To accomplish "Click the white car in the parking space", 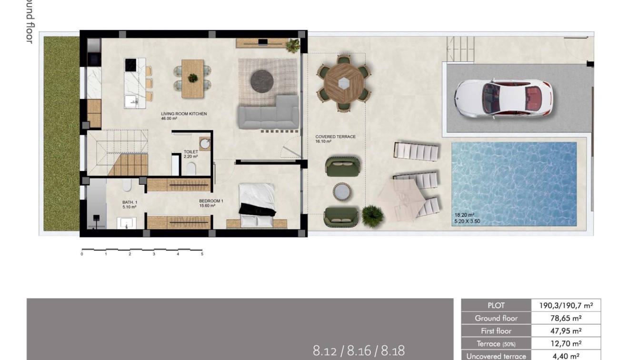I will [x=503, y=99].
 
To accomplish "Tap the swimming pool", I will [x=514, y=183].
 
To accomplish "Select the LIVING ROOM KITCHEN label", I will [x=184, y=114].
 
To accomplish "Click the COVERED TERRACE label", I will [x=335, y=137].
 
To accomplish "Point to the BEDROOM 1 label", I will [x=211, y=201].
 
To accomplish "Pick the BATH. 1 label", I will [x=130, y=202].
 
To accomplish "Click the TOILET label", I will [x=190, y=152].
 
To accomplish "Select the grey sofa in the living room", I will [x=269, y=114].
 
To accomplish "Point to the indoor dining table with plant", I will [x=193, y=78].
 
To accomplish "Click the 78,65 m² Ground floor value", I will [x=566, y=318].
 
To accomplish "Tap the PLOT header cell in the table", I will [x=496, y=305].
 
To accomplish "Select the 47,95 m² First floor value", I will [x=566, y=331].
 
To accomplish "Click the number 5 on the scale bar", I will [x=202, y=254].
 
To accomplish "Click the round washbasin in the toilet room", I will [x=205, y=144].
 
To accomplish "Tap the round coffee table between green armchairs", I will [x=342, y=191].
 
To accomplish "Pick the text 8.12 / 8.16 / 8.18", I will [x=359, y=351].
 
